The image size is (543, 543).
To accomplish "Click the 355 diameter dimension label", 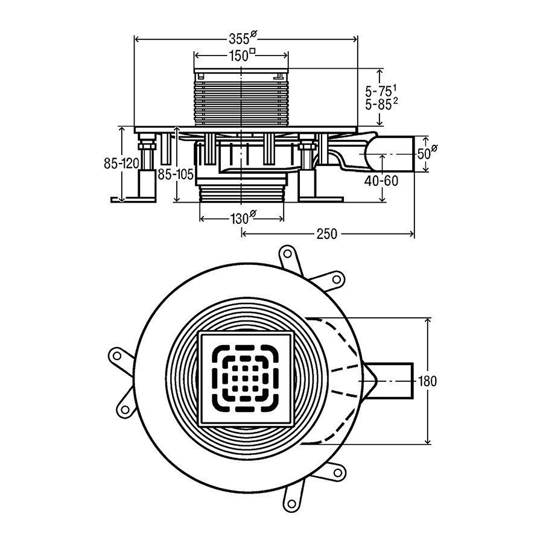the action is click(x=243, y=38).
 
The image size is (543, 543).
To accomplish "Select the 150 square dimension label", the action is click(x=242, y=55).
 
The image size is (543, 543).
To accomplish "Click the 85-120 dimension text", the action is click(x=121, y=163).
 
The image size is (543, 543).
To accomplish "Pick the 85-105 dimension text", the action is click(x=175, y=175).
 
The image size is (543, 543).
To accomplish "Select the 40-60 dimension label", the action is click(x=381, y=180).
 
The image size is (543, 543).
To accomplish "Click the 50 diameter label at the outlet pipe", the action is click(x=427, y=153).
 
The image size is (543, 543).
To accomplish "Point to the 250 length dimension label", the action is click(x=326, y=234).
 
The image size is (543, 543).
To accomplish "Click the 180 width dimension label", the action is click(x=427, y=381).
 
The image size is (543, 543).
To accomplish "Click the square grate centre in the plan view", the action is click(x=245, y=378).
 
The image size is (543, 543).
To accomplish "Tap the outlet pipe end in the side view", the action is click(x=414, y=154).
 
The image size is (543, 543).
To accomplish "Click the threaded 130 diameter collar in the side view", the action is click(x=241, y=193).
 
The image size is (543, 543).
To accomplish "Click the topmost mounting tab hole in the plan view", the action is click(x=287, y=254).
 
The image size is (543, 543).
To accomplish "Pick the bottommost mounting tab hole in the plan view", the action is click(x=292, y=504).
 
